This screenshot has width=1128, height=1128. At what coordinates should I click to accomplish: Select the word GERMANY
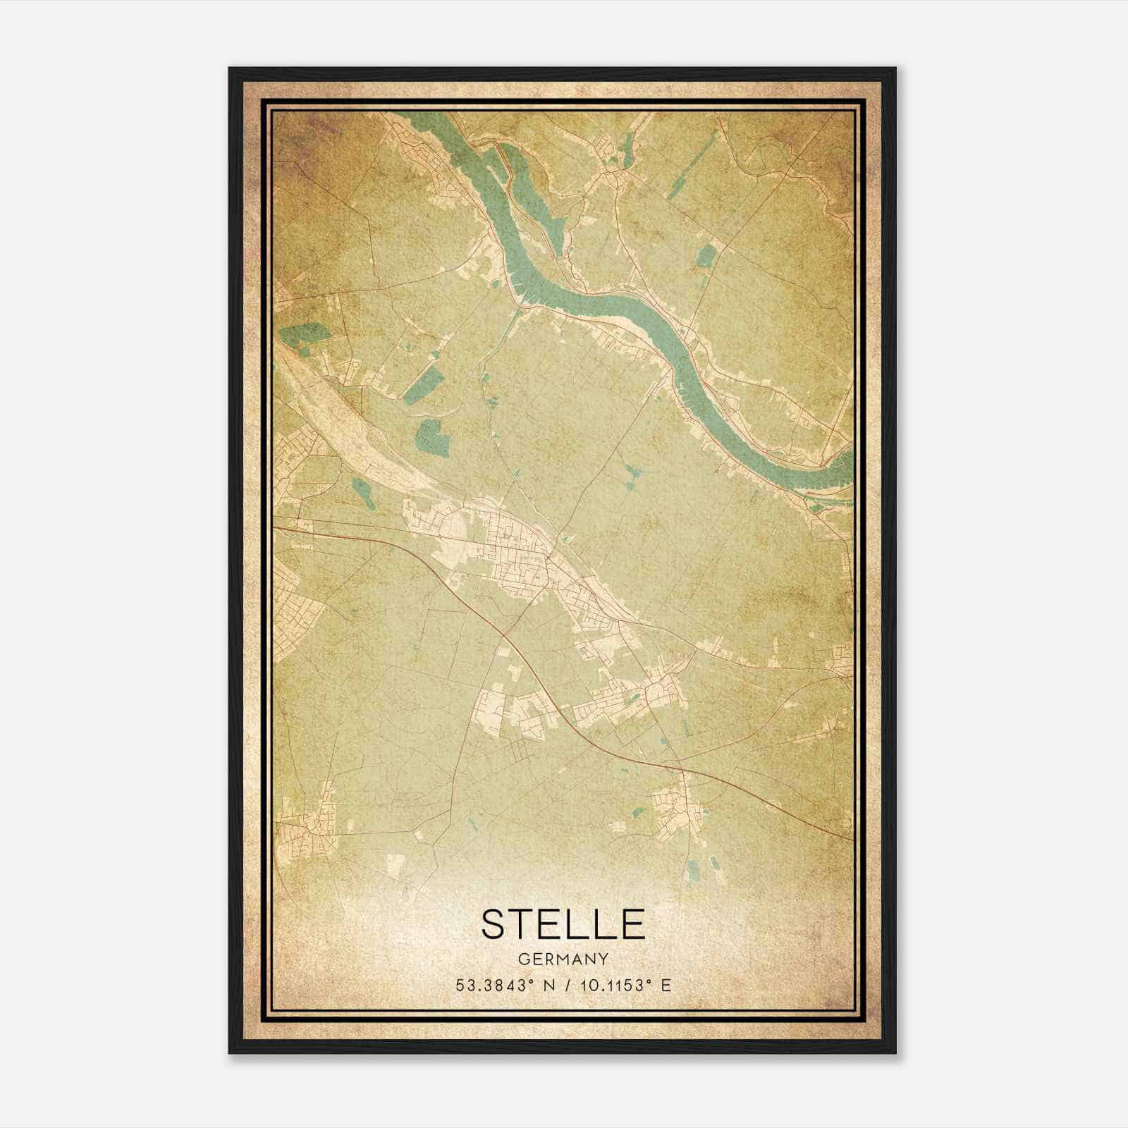(x=563, y=960)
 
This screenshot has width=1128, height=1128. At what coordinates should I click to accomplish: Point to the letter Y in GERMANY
(x=603, y=960)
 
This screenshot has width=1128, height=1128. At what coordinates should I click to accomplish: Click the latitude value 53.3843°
(x=491, y=986)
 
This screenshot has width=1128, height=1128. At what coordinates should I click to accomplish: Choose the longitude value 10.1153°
(x=609, y=986)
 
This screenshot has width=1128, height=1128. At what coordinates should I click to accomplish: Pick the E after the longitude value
(x=666, y=986)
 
